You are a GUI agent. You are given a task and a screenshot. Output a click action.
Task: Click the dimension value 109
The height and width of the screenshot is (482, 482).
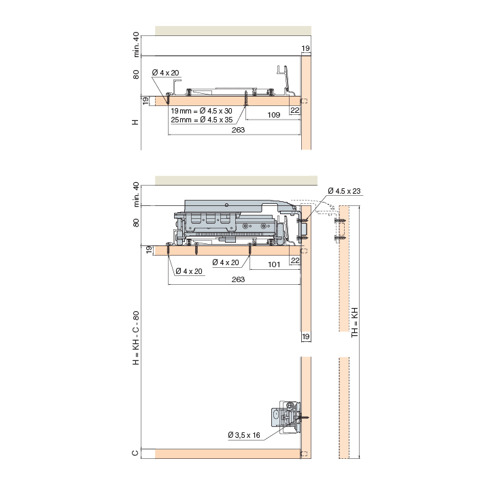tap(273, 115)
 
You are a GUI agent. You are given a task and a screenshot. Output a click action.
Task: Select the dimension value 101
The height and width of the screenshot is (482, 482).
tap(274, 264)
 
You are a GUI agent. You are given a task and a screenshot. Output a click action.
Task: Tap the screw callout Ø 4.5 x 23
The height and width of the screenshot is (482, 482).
tap(344, 191)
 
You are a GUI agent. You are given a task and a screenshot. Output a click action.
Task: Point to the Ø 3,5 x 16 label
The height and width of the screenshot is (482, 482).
tap(244, 435)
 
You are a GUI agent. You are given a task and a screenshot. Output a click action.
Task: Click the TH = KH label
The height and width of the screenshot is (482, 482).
tap(355, 322)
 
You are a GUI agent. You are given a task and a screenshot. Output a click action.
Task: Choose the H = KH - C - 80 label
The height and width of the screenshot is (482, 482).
tap(136, 338)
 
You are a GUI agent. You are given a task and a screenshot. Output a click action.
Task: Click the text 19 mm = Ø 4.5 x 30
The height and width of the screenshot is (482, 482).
tap(202, 111)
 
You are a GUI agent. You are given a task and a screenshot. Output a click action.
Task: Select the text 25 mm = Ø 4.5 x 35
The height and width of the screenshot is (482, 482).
tap(202, 120)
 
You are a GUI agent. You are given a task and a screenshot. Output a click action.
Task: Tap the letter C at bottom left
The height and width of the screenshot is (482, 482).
tap(135, 453)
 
